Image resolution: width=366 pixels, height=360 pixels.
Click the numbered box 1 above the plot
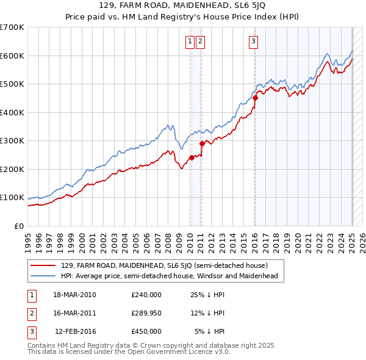(190, 41)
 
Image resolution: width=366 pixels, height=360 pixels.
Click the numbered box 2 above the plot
(200, 41)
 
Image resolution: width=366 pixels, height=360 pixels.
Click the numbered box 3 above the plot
(253, 41)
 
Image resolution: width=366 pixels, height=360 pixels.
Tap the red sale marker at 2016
(256, 98)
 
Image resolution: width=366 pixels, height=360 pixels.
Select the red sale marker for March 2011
(202, 143)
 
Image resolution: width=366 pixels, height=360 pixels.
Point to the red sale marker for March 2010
(191, 157)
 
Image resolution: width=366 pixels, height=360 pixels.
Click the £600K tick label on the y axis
(12, 56)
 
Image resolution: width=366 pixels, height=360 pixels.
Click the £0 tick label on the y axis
(20, 226)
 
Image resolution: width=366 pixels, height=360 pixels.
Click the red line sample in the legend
(43, 265)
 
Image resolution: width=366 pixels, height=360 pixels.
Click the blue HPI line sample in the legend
(43, 276)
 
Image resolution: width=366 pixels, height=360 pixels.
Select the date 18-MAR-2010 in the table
(74, 295)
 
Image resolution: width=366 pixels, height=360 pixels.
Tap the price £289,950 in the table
(146, 313)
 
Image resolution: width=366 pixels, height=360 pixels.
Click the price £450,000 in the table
(146, 331)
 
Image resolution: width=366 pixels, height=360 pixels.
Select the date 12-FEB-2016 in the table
(76, 331)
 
